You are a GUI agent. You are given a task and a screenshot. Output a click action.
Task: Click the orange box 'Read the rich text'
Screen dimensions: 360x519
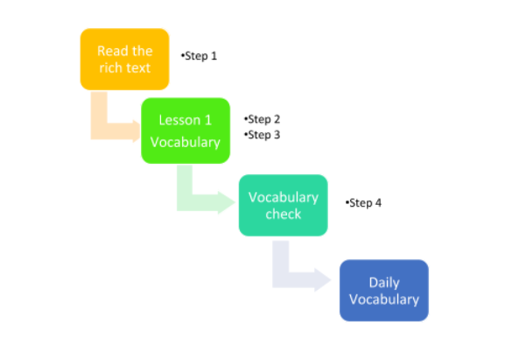click(124, 59)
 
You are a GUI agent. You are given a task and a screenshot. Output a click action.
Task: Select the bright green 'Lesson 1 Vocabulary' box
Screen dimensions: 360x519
click(185, 131)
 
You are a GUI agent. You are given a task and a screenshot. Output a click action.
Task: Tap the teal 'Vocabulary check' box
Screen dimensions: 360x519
click(283, 205)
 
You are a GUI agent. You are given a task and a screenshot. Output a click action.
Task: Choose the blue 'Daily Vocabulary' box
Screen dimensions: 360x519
click(383, 290)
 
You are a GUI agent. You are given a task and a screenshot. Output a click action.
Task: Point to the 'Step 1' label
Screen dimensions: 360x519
click(200, 56)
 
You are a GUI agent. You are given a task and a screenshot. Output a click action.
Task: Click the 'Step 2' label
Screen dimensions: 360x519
click(263, 119)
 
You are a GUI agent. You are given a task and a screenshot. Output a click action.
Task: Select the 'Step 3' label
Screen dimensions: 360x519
click(263, 135)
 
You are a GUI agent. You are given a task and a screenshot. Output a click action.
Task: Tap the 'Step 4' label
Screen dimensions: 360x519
click(365, 203)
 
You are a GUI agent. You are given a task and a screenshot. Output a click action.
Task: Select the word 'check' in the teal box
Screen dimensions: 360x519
click(283, 214)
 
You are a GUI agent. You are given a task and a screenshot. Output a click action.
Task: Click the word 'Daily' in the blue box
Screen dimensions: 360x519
click(383, 282)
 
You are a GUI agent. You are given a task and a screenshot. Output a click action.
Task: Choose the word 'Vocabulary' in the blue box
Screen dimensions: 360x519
click(383, 299)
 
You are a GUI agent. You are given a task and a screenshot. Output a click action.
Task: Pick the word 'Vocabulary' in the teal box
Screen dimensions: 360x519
click(283, 197)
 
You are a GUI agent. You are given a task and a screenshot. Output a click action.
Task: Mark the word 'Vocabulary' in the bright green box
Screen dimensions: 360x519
click(185, 142)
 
